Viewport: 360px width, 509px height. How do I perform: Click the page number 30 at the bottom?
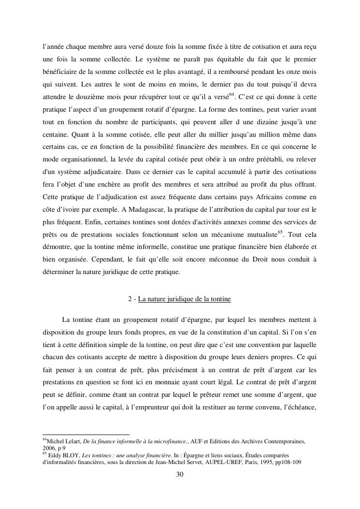(x=180, y=474)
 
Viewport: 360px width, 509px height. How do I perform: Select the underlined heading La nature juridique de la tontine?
(x=184, y=299)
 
